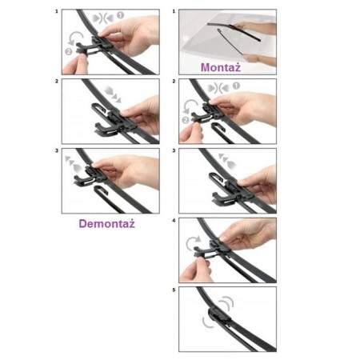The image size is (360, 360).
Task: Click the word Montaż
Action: coord(221,67)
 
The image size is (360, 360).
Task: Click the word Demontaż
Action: coord(106,223)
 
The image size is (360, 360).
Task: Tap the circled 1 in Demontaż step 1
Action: coord(121,15)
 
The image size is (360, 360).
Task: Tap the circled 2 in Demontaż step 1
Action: coord(69,51)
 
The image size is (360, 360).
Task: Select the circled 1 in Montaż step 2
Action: coord(236,86)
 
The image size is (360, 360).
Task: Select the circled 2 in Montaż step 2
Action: coord(186,120)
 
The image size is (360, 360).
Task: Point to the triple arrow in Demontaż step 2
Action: coord(113,94)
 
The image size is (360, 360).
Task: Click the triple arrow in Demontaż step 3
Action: coord(74,163)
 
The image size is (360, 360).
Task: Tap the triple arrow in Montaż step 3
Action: coord(227,161)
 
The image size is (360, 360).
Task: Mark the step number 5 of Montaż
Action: coord(174,290)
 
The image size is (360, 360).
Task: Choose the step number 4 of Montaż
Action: coord(174,221)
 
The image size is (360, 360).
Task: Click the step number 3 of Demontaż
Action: coord(57,150)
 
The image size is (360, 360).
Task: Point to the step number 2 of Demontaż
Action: coord(57,81)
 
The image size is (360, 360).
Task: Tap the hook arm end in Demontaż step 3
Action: coord(96,189)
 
